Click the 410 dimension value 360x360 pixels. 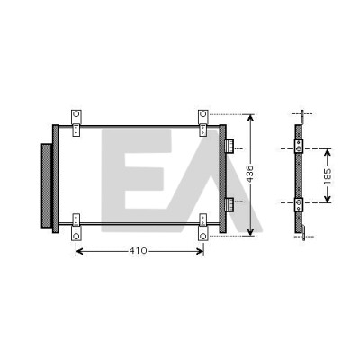tap(139, 251)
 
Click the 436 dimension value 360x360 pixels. tap(250, 174)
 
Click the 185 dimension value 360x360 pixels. tap(328, 176)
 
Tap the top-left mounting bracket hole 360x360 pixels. tap(76, 114)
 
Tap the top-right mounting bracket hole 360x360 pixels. tap(203, 114)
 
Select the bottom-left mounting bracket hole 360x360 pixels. tap(76, 236)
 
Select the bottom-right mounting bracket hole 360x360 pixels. tap(203, 236)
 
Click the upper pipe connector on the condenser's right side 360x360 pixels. tap(229, 147)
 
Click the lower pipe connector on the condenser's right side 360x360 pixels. tap(229, 205)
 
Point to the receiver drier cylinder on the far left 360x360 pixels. tap(47, 186)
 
